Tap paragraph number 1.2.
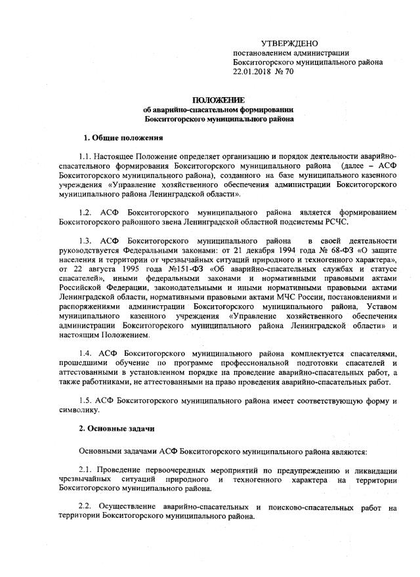85,213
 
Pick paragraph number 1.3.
85,242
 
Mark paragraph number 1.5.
85,400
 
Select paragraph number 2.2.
85,507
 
